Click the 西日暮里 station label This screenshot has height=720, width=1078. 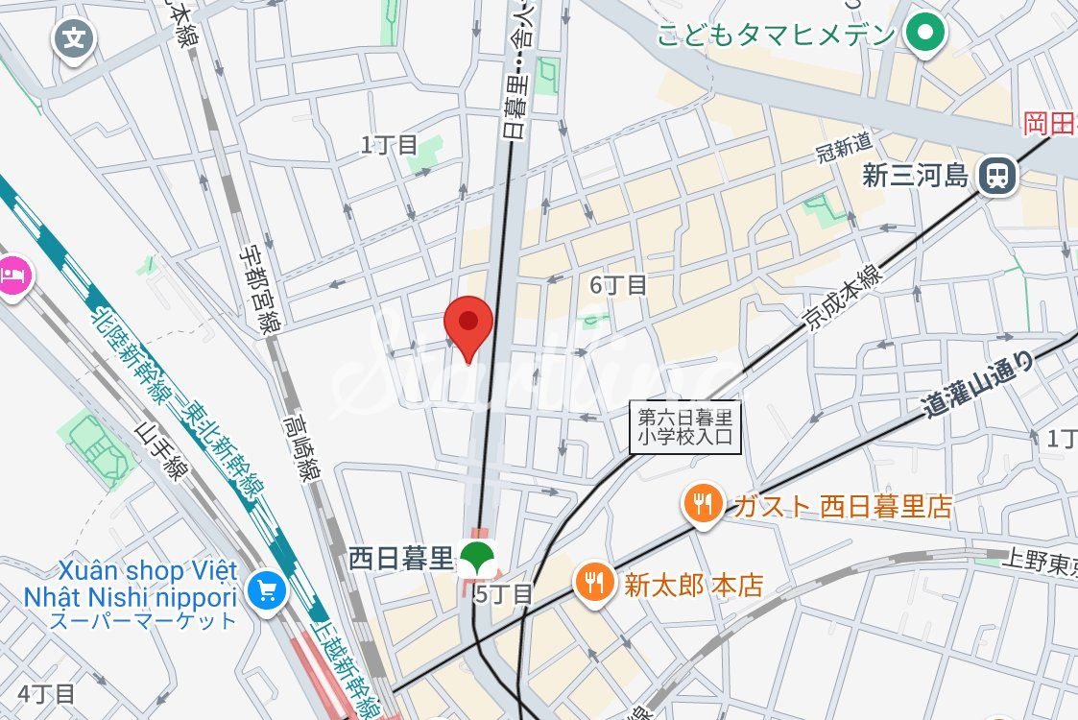click(400, 557)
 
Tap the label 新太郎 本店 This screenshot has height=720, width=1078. click(693, 585)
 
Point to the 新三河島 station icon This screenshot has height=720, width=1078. click(998, 175)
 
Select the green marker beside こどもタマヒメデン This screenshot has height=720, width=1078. click(926, 36)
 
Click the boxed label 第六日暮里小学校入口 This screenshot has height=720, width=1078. click(686, 427)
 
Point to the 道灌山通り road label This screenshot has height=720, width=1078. click(979, 384)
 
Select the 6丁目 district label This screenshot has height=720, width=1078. click(618, 284)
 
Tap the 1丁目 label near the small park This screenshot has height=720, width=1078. click(389, 145)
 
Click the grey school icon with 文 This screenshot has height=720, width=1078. click(74, 39)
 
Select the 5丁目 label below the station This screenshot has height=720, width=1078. click(503, 594)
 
